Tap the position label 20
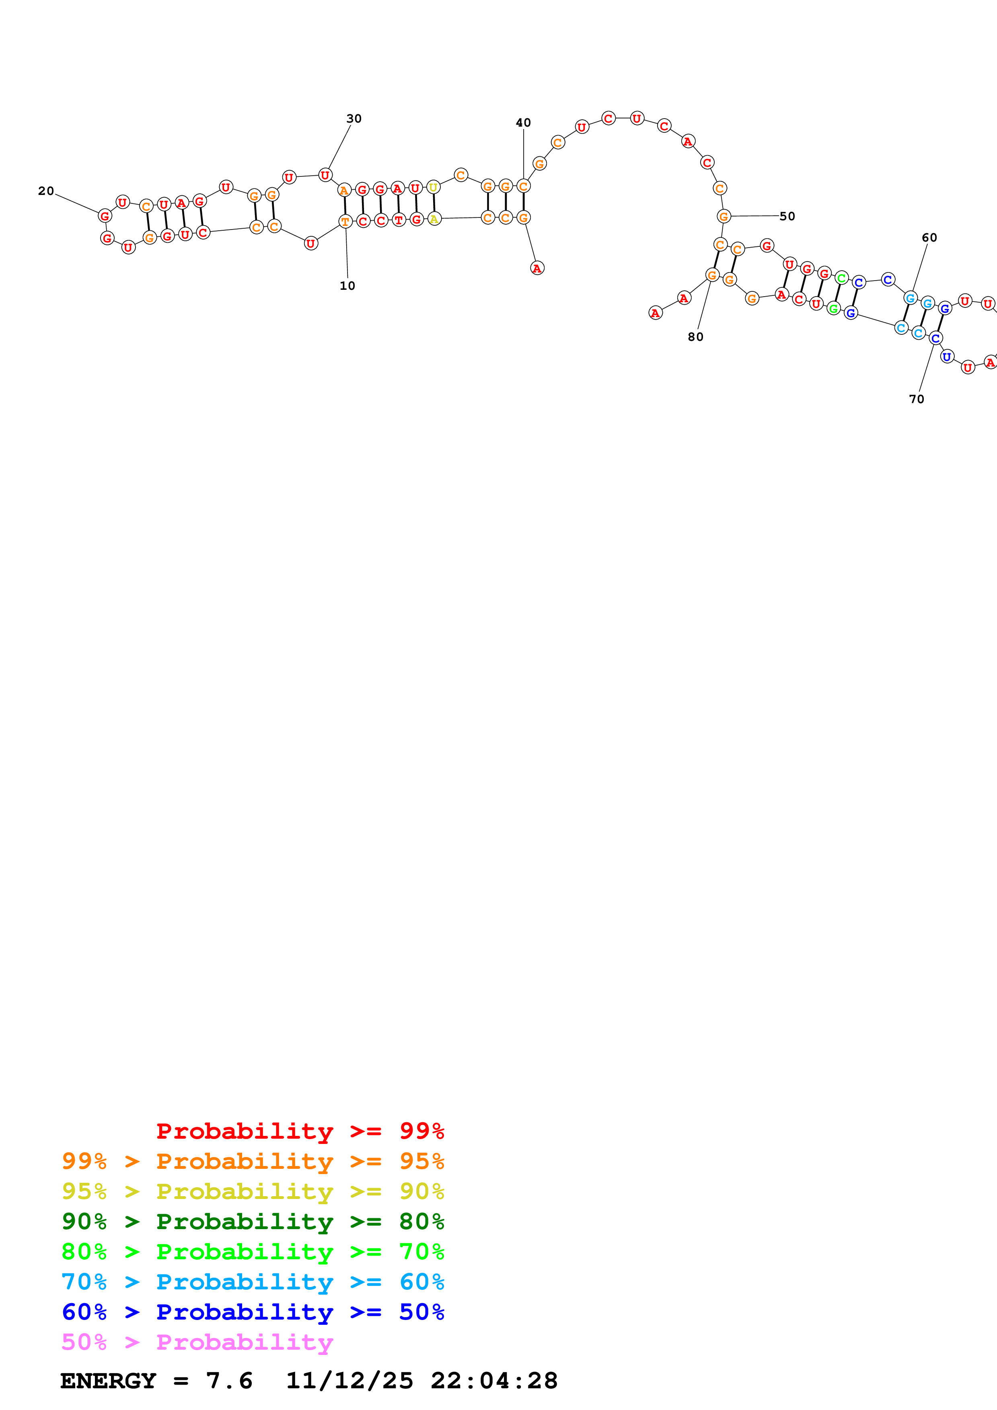pos(46,191)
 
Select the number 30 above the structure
pos(354,119)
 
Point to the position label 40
pos(523,123)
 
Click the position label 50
pos(787,216)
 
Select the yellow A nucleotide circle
pos(434,219)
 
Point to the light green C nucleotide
pos(842,278)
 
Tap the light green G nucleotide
pos(833,308)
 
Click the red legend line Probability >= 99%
pos(300,1131)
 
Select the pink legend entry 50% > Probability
pos(197,1342)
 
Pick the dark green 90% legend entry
pos(253,1221)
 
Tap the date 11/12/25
pos(349,1381)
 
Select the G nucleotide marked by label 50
pos(724,216)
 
